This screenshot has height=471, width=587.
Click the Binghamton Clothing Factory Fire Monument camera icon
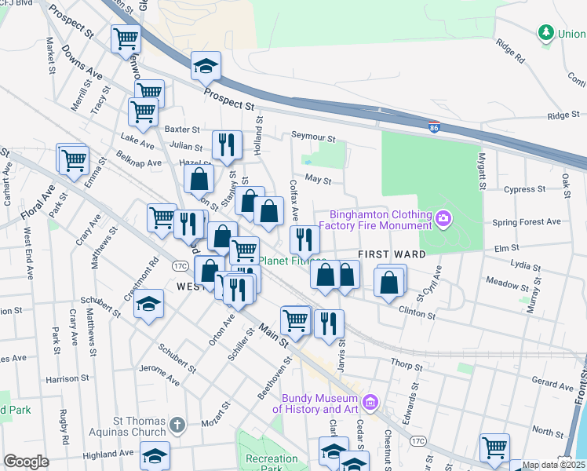click(x=444, y=217)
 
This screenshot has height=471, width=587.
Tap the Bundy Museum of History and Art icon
click(x=371, y=403)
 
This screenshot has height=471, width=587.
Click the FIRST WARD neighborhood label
click(x=392, y=254)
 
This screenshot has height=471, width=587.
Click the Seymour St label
click(x=313, y=137)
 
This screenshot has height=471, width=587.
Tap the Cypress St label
click(x=524, y=189)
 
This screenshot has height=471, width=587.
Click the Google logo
click(x=26, y=461)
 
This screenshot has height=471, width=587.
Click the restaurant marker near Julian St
click(x=227, y=144)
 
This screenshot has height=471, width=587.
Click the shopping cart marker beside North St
click(x=494, y=447)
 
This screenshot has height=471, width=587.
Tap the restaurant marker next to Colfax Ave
click(x=304, y=239)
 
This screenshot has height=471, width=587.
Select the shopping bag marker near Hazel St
click(x=199, y=178)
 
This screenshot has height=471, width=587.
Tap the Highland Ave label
click(x=108, y=454)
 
